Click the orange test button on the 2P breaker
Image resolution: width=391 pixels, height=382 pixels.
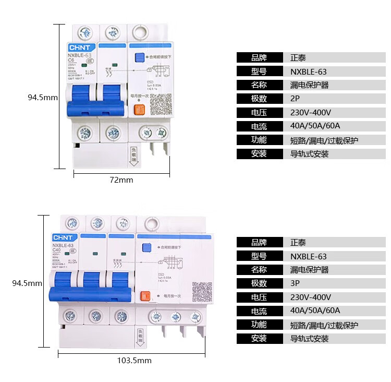[x=139, y=110]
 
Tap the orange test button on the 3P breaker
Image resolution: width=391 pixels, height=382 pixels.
[x=145, y=296]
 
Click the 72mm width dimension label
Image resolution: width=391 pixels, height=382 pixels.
[x=121, y=180]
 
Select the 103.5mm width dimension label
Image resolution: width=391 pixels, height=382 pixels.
[x=135, y=361]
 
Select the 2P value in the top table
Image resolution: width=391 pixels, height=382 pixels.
[x=295, y=99]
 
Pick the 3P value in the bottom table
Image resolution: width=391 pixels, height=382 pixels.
[x=295, y=283]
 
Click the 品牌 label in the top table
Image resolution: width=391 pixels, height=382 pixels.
[x=259, y=58]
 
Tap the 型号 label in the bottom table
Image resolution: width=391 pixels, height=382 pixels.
[x=259, y=256]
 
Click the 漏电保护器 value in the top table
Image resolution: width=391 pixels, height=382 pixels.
[x=309, y=85]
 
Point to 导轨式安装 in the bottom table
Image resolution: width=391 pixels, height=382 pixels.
[x=309, y=339]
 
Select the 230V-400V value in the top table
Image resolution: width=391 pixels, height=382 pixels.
[x=310, y=112]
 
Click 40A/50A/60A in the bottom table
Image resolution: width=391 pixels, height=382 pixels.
[x=315, y=311]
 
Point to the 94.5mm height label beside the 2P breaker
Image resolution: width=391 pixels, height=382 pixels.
[x=43, y=97]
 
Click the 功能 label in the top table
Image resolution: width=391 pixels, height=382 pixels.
[x=259, y=140]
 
